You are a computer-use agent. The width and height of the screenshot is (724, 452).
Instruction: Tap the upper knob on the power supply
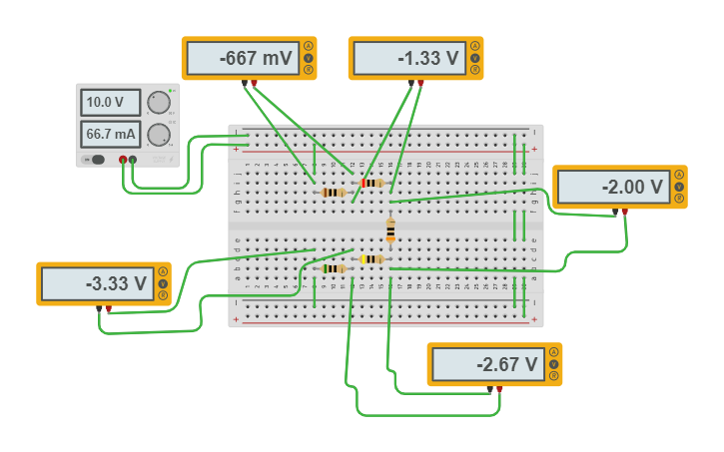(158, 103)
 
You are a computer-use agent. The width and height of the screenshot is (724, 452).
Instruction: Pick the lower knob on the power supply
(158, 135)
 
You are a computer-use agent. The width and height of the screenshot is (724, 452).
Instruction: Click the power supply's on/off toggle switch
(96, 159)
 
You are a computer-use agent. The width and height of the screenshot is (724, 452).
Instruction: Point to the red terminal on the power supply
(123, 159)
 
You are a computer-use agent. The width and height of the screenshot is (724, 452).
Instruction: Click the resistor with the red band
(372, 183)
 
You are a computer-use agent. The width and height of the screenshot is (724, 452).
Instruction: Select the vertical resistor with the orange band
(390, 230)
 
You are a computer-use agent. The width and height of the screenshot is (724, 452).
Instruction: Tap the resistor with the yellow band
(371, 259)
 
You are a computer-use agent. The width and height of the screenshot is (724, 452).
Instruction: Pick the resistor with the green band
(334, 268)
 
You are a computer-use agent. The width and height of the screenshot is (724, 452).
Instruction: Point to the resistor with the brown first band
(334, 193)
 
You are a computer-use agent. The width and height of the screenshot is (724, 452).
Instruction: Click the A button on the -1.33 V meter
(474, 46)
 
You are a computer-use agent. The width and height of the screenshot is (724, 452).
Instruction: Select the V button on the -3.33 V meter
(162, 283)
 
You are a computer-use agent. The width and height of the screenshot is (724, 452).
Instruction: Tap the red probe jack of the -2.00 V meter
(625, 212)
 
